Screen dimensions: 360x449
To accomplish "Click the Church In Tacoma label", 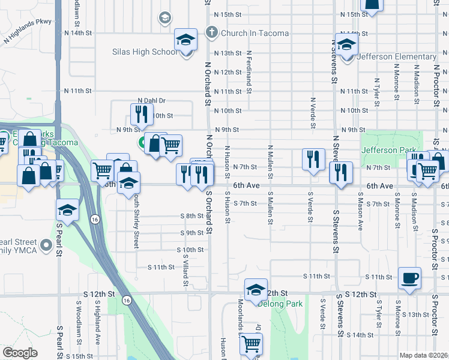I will click(x=255, y=33).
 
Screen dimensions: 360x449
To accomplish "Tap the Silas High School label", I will click(x=145, y=52).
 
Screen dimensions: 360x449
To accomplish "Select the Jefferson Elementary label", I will click(x=396, y=57).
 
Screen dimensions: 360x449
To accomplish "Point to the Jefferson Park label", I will click(x=388, y=150).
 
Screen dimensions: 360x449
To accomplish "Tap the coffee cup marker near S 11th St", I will click(x=409, y=278).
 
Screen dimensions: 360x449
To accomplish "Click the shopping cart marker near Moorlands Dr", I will click(x=251, y=345).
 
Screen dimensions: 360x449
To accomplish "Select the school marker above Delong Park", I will click(x=256, y=290).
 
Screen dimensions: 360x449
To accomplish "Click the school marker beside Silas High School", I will click(x=186, y=41).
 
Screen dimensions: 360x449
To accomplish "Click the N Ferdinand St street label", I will click(x=249, y=72).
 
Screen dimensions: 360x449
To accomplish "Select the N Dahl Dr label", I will click(x=151, y=101).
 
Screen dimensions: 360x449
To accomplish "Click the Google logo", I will click(x=20, y=353).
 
